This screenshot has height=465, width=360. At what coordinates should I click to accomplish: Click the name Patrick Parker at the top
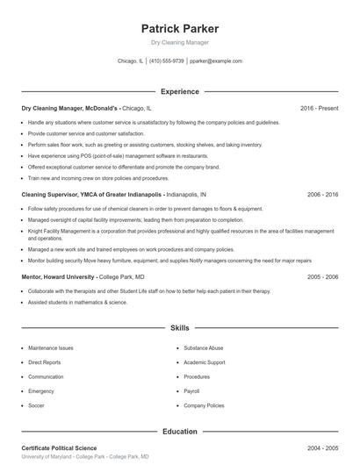click(179, 29)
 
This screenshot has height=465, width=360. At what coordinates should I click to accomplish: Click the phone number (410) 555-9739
click(167, 61)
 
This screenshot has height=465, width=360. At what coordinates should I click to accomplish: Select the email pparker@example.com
click(215, 61)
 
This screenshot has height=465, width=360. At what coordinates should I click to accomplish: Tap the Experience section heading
click(179, 91)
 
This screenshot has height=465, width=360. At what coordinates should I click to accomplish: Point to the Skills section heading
click(179, 327)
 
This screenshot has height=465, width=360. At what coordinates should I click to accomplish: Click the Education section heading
click(179, 432)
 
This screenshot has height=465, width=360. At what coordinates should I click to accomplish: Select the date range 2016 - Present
click(319, 108)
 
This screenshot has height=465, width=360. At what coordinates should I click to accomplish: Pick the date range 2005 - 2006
click(322, 276)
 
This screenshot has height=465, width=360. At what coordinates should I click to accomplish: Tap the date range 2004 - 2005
click(322, 448)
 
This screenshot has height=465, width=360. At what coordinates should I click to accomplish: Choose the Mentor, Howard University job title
click(57, 276)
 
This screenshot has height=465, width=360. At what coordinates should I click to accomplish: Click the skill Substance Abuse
click(204, 348)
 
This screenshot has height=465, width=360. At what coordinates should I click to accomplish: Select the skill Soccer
click(36, 405)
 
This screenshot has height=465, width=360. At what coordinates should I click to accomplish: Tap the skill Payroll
click(192, 391)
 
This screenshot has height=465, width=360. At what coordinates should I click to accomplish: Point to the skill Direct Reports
click(45, 362)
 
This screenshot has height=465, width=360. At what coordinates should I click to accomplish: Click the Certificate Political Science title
click(60, 448)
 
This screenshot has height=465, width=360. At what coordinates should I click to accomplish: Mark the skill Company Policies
click(204, 405)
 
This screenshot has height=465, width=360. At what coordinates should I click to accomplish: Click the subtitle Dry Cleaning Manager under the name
click(179, 43)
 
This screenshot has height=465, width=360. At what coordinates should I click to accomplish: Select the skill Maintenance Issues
click(50, 348)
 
